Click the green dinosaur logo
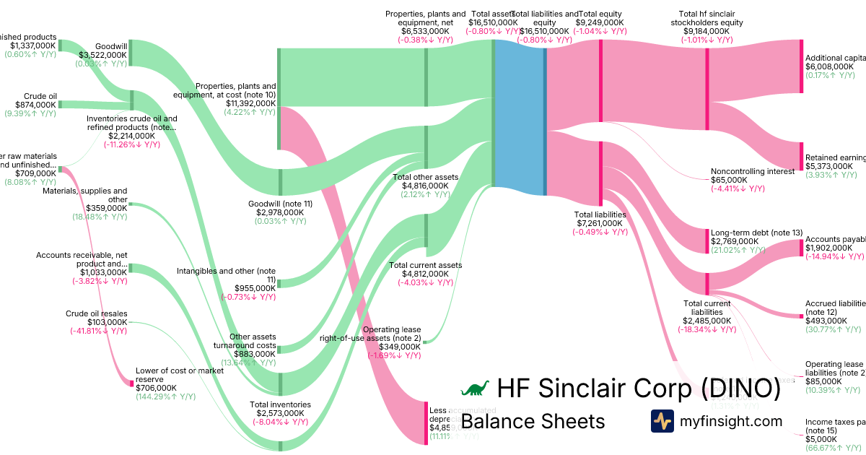click(475, 389)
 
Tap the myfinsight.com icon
click(662, 421)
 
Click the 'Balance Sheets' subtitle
click(533, 421)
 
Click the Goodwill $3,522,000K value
click(103, 54)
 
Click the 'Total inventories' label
click(280, 404)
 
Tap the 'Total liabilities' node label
click(600, 214)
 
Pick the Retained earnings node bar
click(801, 156)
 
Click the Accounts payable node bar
click(801, 248)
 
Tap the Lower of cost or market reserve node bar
click(131, 383)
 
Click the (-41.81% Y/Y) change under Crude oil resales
click(98, 331)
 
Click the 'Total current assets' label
click(425, 265)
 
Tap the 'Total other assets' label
click(425, 177)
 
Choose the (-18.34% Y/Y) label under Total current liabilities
click(707, 329)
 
